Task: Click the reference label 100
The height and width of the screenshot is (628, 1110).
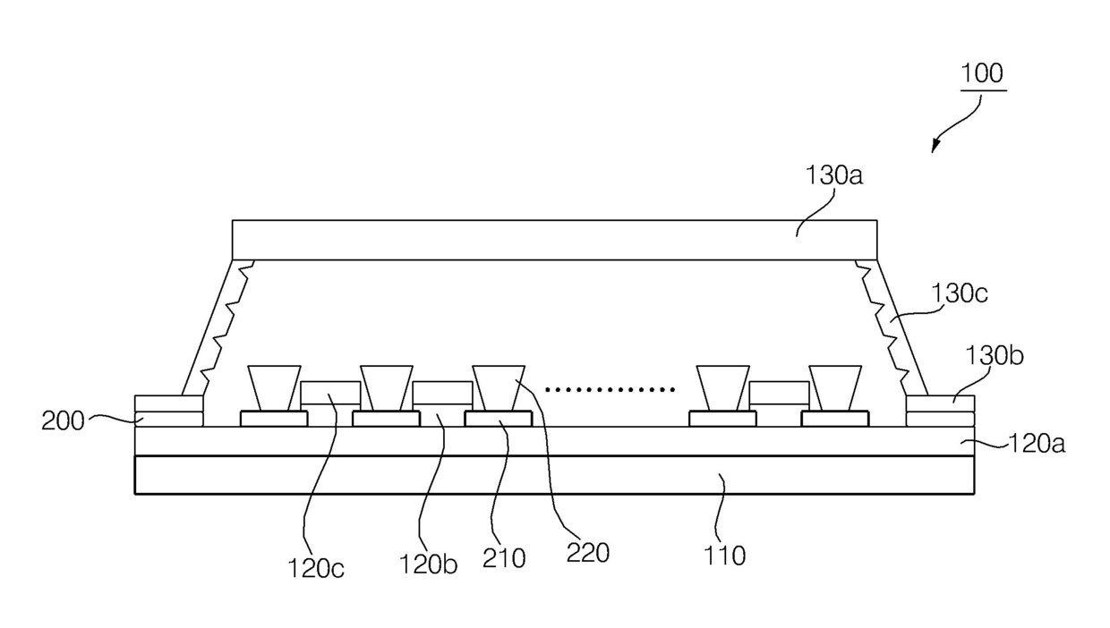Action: click(982, 73)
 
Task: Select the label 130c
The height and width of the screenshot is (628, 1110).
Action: click(959, 293)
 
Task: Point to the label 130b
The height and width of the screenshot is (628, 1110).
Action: click(994, 355)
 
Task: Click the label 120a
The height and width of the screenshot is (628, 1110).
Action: click(1036, 443)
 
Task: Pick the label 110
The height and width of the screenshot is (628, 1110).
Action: click(724, 556)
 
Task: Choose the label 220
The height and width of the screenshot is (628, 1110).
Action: click(588, 553)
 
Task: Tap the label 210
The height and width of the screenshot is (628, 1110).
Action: click(504, 558)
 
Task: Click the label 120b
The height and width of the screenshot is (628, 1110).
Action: click(428, 565)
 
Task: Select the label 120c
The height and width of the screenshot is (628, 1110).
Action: click(315, 567)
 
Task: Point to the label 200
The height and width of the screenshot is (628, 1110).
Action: click(63, 420)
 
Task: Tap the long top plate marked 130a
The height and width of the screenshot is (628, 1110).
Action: click(554, 240)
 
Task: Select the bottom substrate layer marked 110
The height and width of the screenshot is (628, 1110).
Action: click(554, 475)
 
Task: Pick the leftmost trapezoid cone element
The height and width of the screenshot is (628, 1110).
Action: click(274, 387)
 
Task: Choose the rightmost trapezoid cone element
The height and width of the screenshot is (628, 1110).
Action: click(834, 387)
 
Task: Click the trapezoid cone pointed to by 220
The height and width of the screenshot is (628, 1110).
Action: click(498, 387)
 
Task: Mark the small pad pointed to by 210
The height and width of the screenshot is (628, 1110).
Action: click(498, 419)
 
